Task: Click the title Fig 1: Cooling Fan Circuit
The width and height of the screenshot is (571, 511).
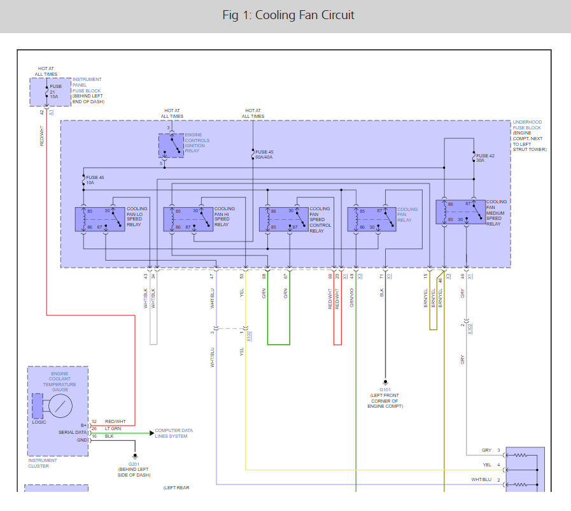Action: pyautogui.click(x=288, y=15)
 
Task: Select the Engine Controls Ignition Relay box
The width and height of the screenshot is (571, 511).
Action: pyautogui.click(x=170, y=146)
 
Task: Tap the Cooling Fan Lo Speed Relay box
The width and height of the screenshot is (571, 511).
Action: pyautogui.click(x=100, y=218)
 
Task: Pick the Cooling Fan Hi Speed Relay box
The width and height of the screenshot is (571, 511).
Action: pyautogui.click(x=188, y=218)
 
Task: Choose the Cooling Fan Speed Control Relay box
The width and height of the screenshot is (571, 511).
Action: pyautogui.click(x=284, y=218)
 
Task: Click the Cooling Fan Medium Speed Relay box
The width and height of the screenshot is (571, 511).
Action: pyautogui.click(x=460, y=212)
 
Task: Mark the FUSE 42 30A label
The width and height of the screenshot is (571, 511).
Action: pyautogui.click(x=485, y=158)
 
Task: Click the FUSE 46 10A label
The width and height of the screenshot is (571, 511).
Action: pyautogui.click(x=95, y=180)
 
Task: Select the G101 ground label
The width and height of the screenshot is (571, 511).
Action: pyautogui.click(x=384, y=390)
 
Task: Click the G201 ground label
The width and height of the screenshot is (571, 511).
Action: pyautogui.click(x=134, y=465)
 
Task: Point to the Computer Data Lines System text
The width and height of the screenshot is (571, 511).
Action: pyautogui.click(x=174, y=433)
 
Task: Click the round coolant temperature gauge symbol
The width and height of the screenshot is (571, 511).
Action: pyautogui.click(x=60, y=405)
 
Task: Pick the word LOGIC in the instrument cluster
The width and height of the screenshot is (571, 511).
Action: pyautogui.click(x=39, y=422)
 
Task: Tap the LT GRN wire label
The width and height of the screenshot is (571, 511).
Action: pyautogui.click(x=112, y=429)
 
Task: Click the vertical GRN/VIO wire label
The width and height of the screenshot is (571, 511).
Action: pyautogui.click(x=352, y=298)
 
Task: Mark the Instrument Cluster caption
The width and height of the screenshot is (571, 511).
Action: pyautogui.click(x=42, y=463)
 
